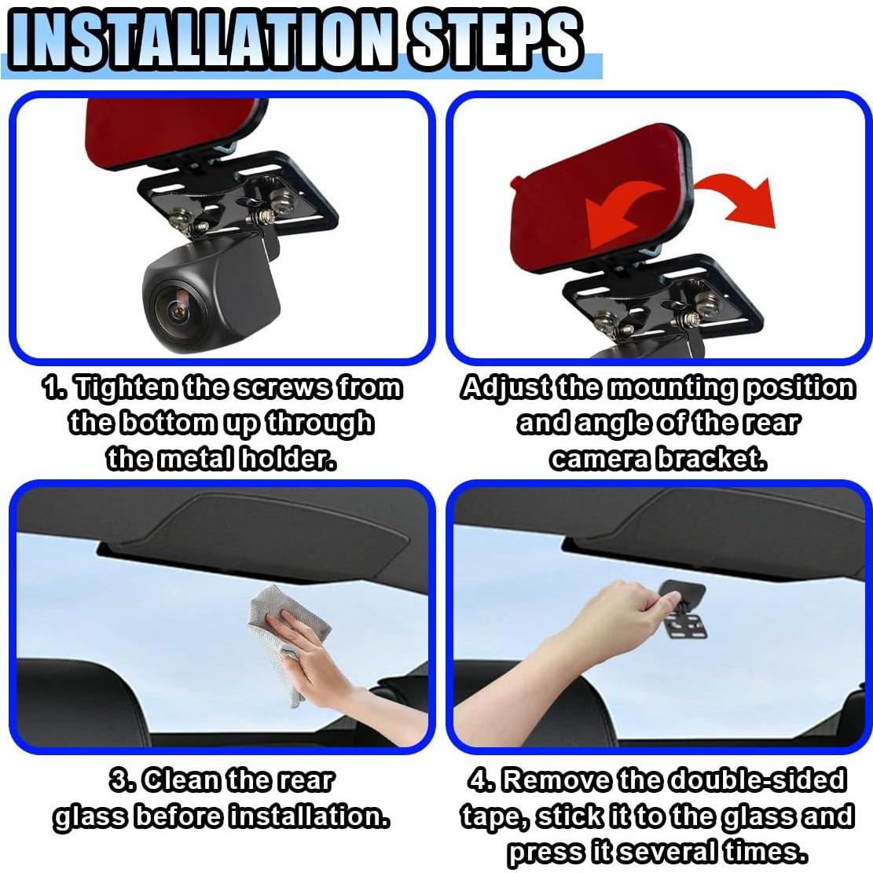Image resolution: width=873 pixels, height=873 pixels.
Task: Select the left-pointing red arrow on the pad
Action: pos(618,215)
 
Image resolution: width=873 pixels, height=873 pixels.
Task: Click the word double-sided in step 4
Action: pos(757,780)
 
